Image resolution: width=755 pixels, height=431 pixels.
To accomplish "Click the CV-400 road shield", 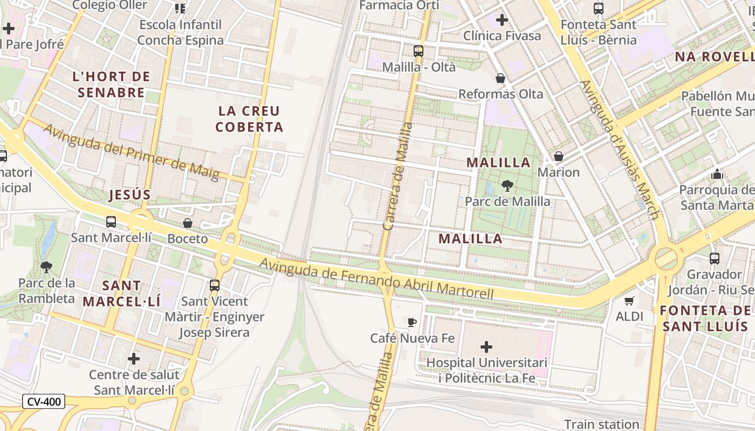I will [x=44, y=401].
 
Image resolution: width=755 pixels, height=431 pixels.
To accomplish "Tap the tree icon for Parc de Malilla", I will [x=507, y=186].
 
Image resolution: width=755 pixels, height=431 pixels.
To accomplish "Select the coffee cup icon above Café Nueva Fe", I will [x=412, y=323].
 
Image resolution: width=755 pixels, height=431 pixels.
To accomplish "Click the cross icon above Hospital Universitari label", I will [x=486, y=347].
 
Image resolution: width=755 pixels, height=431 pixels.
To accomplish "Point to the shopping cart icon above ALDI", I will [x=629, y=301].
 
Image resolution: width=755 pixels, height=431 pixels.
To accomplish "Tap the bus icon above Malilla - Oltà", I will [x=418, y=51].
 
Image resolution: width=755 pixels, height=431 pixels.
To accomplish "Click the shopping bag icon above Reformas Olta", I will [x=500, y=78].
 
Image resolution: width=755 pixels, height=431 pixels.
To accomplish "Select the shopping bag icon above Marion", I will [x=559, y=156].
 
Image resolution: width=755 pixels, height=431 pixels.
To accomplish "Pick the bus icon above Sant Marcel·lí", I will [x=111, y=221].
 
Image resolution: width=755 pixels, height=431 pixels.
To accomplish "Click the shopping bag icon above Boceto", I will [x=188, y=223].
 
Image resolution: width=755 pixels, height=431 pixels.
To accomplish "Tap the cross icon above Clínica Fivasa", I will [x=502, y=20].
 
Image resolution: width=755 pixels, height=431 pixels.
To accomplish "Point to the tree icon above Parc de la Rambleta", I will [x=46, y=267].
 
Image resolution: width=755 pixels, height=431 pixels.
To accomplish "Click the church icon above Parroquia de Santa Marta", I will [x=717, y=174].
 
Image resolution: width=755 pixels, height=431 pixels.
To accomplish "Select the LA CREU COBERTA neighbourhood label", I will [x=249, y=119].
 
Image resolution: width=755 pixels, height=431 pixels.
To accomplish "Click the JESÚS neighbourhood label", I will [x=129, y=194].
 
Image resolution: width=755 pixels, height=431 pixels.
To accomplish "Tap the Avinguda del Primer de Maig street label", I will [x=132, y=152].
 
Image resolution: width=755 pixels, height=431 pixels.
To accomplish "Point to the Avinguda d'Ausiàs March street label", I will [x=620, y=150].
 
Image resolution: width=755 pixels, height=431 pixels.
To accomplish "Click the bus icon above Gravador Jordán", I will [x=715, y=259].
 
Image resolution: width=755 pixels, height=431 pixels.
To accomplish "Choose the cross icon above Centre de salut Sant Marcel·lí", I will [x=134, y=358].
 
